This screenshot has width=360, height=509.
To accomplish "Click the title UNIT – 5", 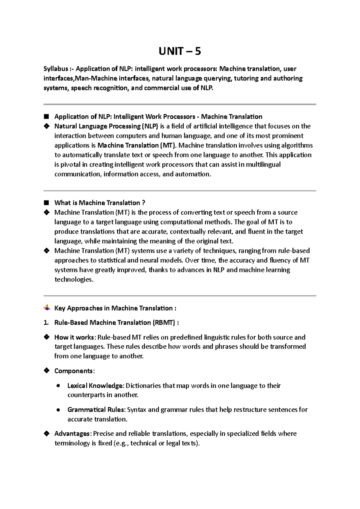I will [x=179, y=51].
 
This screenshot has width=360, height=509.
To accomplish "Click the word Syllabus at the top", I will [x=55, y=69].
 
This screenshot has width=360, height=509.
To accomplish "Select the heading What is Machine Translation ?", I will [x=100, y=203].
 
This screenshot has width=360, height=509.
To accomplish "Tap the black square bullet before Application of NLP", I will [x=46, y=116].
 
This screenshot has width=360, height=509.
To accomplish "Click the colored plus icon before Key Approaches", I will [x=46, y=308].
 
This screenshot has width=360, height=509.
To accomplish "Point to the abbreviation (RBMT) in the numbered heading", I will [x=164, y=323].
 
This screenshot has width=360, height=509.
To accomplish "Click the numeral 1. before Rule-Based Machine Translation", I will [x=46, y=323].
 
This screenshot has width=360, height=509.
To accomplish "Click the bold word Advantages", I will [x=72, y=434].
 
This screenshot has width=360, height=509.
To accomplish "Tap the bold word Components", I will [x=74, y=371].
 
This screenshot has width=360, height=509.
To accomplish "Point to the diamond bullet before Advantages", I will [x=46, y=433].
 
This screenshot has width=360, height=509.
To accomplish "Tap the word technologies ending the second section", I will [x=74, y=280].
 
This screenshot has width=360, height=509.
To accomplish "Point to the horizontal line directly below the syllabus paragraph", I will [x=180, y=104].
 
